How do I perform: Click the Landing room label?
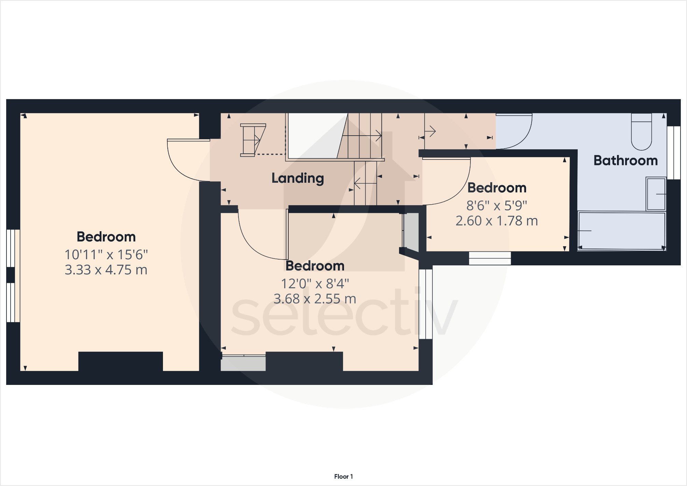click(298, 178)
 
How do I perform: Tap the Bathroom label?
click(626, 161)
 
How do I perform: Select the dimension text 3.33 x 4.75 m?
click(106, 270)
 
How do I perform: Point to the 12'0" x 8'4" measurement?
click(315, 283)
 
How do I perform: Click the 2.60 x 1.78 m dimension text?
click(496, 221)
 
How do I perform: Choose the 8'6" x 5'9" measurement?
click(496, 206)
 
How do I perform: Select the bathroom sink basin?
click(656, 194)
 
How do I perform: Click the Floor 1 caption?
click(343, 476)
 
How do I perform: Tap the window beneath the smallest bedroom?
click(490, 258)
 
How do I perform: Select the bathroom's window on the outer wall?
click(674, 153)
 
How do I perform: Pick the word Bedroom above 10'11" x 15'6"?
click(106, 237)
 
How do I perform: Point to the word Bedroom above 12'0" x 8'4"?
click(315, 266)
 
